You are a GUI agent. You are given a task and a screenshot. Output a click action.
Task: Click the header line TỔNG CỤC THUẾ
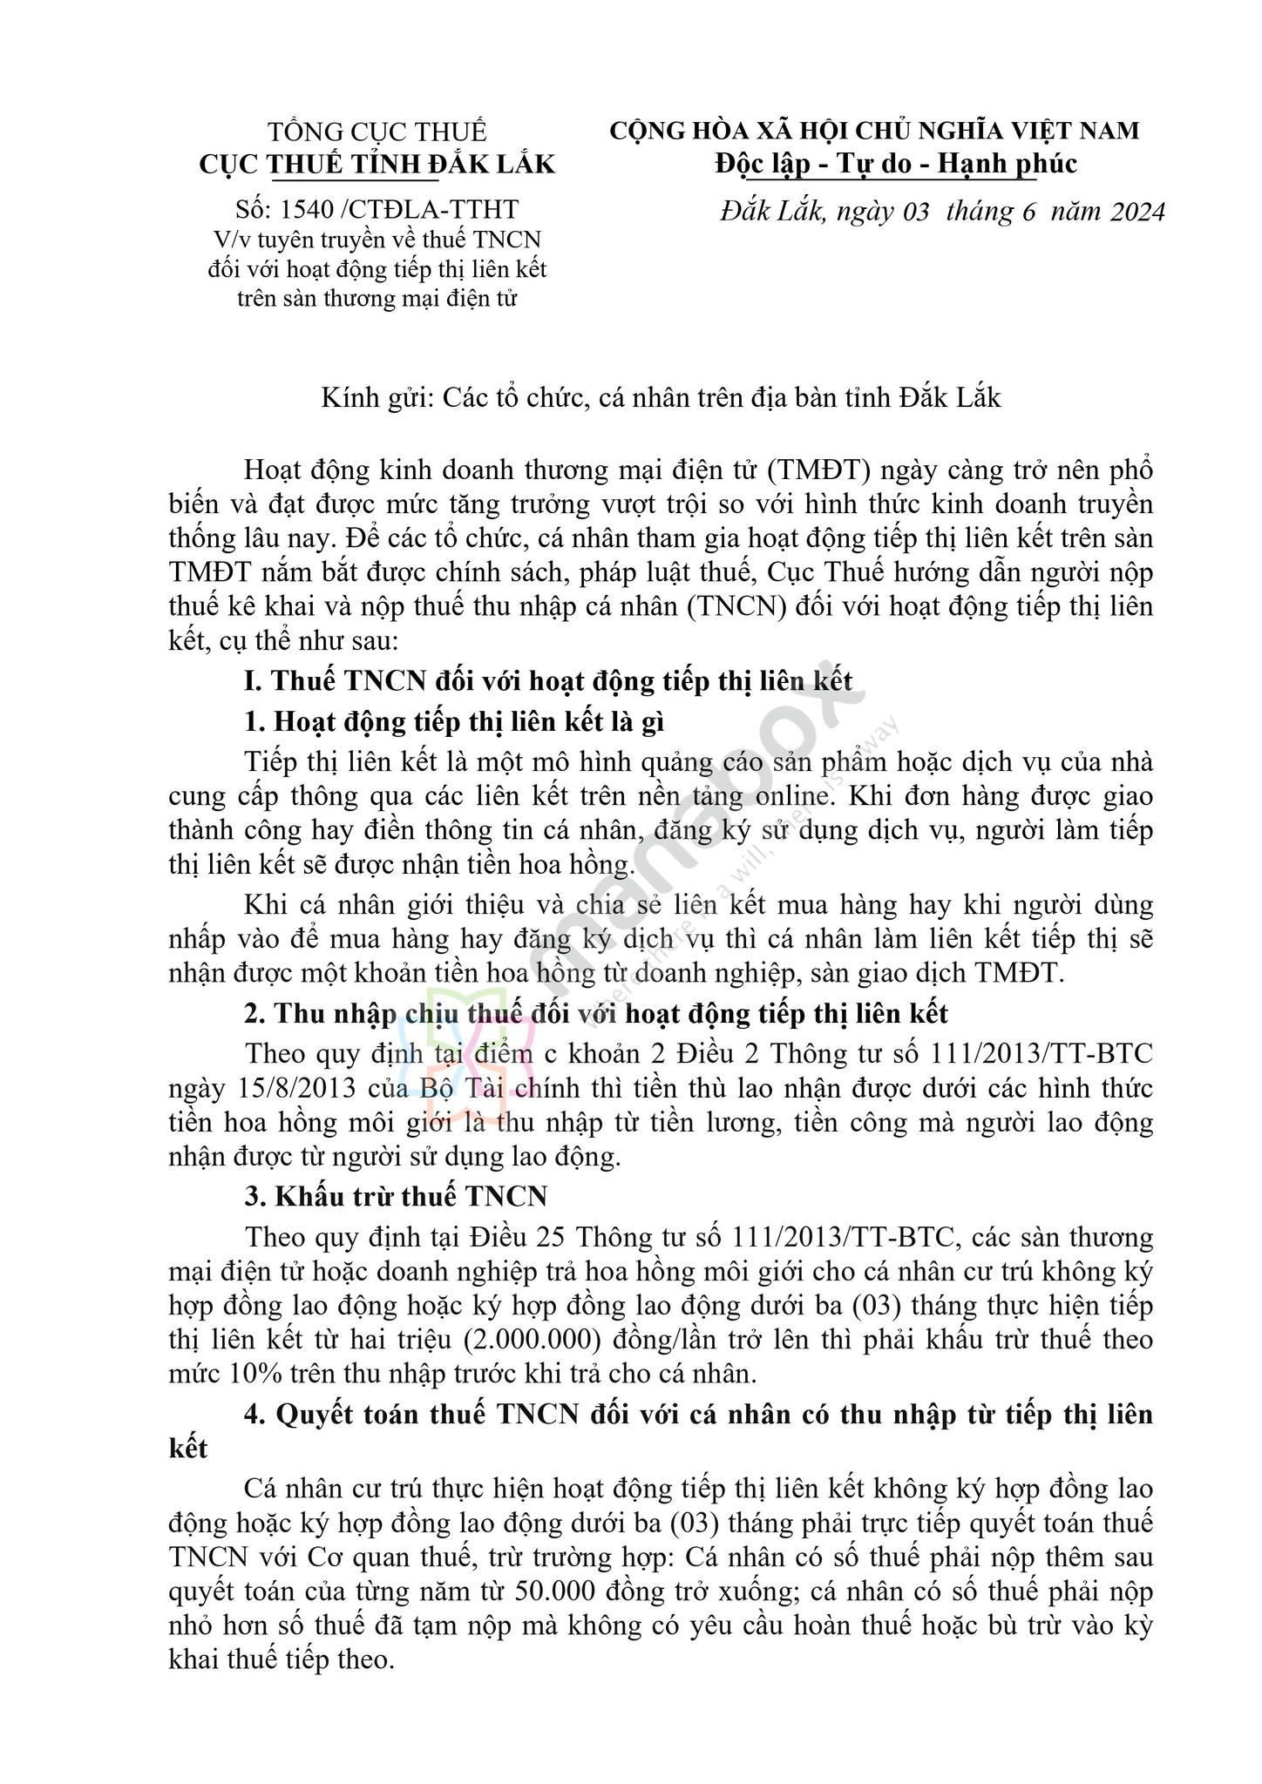pos(377,132)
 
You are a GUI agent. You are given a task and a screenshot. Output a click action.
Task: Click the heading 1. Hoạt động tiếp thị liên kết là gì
pos(460,721)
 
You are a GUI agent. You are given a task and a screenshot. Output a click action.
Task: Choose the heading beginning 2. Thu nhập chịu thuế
pos(596,1014)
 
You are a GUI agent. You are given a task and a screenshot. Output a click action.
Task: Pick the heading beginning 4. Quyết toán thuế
pos(660,1415)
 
